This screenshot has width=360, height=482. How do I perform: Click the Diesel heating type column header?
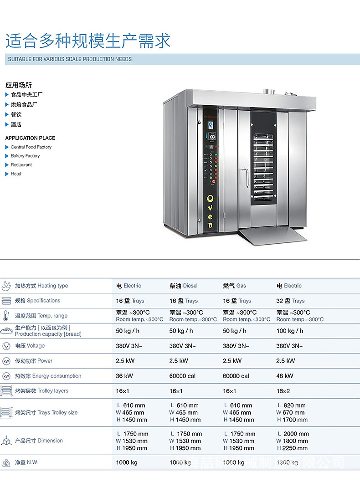[x=183, y=286]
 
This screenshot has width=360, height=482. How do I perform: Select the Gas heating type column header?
[x=234, y=286]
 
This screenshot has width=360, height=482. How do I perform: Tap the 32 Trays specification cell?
[x=290, y=301]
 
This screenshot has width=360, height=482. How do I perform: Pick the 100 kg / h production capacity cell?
[x=290, y=331]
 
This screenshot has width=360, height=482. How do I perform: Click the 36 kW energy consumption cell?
[x=124, y=376]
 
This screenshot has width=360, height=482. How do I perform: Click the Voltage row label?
[x=30, y=346]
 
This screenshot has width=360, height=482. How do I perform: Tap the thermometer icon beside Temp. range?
[x=6, y=316]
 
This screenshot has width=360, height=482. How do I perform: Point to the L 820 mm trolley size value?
[x=291, y=405]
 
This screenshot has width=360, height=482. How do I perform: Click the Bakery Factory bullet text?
[x=25, y=156]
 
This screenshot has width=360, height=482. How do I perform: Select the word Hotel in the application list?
[x=16, y=174]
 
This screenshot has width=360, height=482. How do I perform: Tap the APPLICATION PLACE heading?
[x=30, y=138]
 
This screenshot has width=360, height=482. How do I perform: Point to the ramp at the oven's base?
[x=272, y=235]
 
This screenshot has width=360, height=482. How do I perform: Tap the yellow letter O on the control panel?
[x=210, y=199]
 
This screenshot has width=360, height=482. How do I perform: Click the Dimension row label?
[x=38, y=441]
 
